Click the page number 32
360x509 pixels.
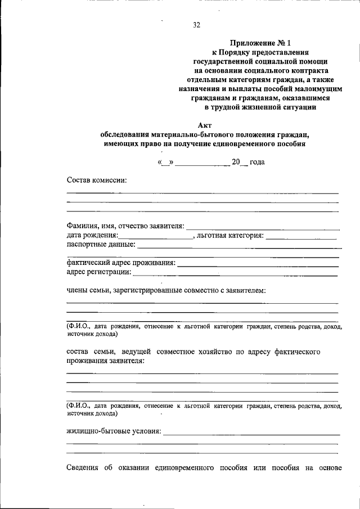tap(196, 25)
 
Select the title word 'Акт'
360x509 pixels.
tap(205, 125)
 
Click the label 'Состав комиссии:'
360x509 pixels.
tap(97, 180)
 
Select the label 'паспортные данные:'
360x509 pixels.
tap(101, 245)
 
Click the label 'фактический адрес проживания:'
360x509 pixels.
tap(120, 263)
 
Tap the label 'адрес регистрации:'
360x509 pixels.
tap(99, 272)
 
